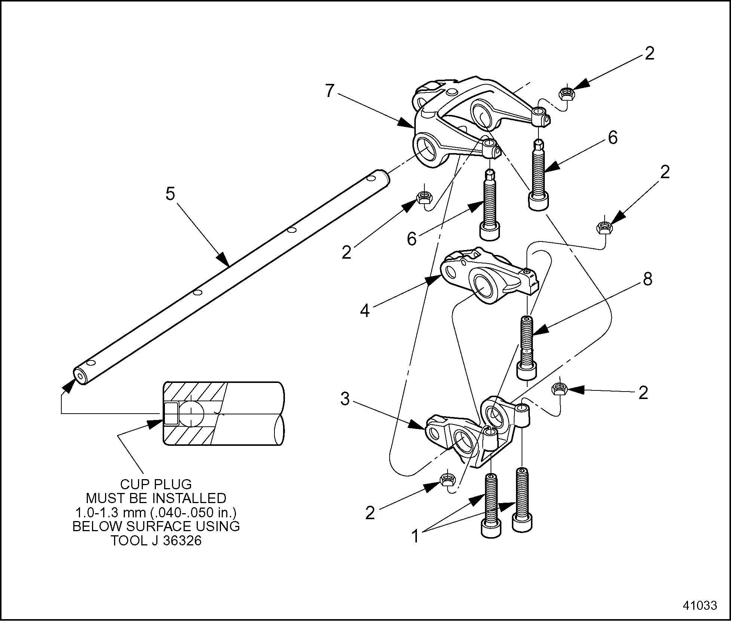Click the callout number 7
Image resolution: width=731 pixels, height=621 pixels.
click(x=329, y=91)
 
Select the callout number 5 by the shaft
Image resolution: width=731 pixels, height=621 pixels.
click(x=171, y=194)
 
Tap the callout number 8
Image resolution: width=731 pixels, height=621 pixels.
click(x=647, y=279)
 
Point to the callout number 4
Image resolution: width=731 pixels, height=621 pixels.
click(x=365, y=311)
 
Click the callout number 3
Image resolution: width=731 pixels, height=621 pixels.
click(x=345, y=399)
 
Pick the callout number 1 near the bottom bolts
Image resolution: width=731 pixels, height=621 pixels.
click(x=415, y=536)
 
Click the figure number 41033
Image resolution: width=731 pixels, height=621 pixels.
click(x=700, y=605)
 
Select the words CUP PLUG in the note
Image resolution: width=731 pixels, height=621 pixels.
click(x=156, y=484)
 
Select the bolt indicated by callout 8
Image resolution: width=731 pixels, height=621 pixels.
click(x=527, y=346)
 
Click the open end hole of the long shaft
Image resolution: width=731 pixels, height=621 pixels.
click(x=80, y=375)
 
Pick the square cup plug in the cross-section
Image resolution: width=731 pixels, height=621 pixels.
click(x=171, y=413)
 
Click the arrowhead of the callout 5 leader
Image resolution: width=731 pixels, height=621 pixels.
click(x=224, y=261)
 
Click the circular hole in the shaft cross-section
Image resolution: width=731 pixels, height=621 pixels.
click(x=191, y=414)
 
